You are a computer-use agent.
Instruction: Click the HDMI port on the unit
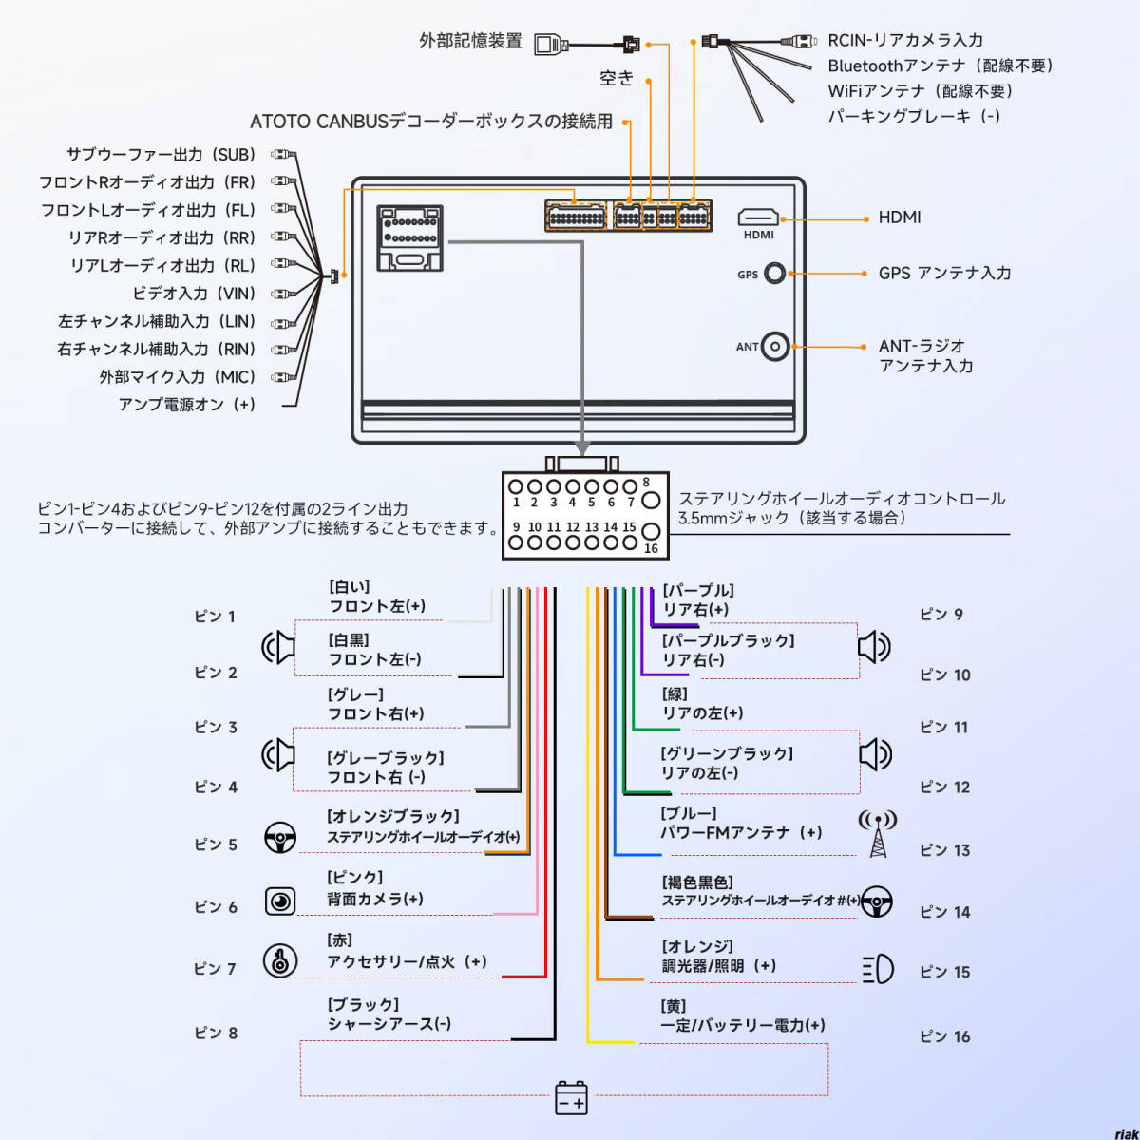tap(758, 218)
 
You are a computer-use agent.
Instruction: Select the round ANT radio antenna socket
tap(775, 347)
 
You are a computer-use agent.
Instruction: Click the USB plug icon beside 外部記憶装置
tap(551, 44)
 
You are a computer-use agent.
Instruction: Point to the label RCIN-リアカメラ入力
tap(904, 40)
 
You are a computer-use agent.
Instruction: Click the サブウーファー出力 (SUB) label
tap(161, 154)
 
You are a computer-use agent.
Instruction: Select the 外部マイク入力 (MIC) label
tap(177, 376)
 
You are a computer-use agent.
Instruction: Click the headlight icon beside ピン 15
tap(878, 970)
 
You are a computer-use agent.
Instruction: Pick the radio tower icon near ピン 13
tap(877, 833)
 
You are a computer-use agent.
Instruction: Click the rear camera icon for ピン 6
tap(280, 901)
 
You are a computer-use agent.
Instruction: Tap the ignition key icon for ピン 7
tap(280, 961)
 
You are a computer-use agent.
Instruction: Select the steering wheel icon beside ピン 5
tap(280, 838)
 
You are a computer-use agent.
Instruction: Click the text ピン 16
tap(944, 1036)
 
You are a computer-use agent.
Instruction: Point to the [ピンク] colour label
tap(355, 877)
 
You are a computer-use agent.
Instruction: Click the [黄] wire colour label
tap(673, 1006)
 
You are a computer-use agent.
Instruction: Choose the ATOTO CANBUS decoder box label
tap(431, 122)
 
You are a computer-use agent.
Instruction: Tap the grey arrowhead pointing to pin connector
tap(582, 448)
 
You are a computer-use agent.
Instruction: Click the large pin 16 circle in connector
tap(651, 532)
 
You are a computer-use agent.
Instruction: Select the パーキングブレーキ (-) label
tap(914, 116)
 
